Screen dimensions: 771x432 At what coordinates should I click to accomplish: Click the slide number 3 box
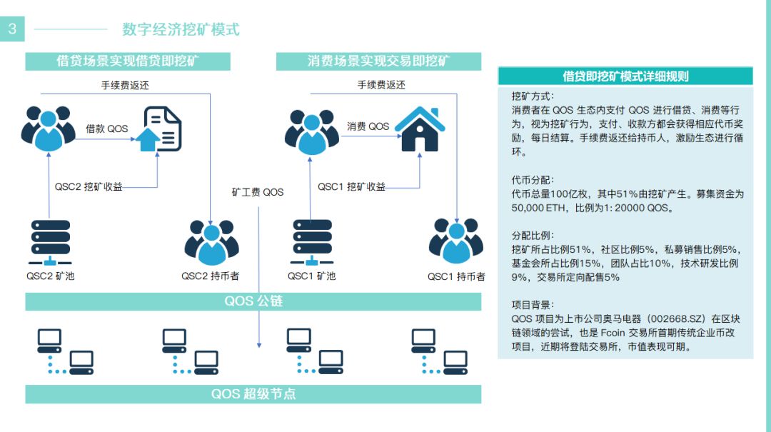[x=12, y=29]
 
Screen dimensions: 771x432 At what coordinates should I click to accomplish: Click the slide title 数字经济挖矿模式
[x=181, y=29]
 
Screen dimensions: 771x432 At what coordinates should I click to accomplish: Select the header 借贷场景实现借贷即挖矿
[x=128, y=61]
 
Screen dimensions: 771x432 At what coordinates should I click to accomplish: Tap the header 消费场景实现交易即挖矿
[x=378, y=61]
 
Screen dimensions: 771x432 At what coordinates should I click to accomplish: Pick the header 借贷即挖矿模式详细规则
[x=625, y=76]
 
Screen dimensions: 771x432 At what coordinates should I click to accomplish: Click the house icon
[x=420, y=129]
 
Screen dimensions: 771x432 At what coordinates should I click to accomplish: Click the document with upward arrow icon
[x=158, y=129]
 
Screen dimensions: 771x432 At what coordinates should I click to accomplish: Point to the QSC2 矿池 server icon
[x=50, y=243]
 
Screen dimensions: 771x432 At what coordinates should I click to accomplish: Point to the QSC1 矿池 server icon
[x=312, y=243]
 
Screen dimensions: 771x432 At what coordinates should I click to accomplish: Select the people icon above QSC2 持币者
[x=211, y=242]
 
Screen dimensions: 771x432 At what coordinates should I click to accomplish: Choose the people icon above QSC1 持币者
[x=455, y=241]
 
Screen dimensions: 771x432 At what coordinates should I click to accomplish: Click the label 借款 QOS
[x=106, y=129]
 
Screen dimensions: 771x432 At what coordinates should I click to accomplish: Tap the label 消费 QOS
[x=368, y=126]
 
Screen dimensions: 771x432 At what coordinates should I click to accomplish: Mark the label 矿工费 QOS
[x=258, y=192]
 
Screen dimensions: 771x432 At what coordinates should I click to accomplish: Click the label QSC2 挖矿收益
[x=89, y=187]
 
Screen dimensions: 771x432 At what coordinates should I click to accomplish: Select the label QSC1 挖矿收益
[x=351, y=187]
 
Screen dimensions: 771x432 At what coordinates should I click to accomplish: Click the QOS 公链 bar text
[x=253, y=301]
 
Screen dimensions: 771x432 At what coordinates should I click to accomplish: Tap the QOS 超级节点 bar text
[x=253, y=393]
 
